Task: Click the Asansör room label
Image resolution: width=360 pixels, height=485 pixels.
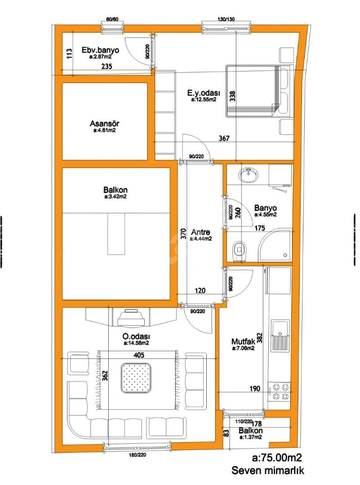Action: click(x=104, y=124)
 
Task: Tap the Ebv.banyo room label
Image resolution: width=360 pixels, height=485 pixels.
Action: click(x=100, y=50)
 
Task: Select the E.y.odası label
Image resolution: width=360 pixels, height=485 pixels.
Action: click(x=204, y=93)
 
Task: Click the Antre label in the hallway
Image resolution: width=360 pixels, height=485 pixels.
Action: click(x=200, y=232)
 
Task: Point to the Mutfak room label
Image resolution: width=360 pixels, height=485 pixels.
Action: click(x=243, y=341)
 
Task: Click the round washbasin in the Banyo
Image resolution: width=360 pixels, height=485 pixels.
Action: click(x=248, y=175)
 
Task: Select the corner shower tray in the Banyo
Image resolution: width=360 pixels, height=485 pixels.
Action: click(x=275, y=245)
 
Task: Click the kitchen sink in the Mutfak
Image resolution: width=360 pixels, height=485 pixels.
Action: click(x=280, y=336)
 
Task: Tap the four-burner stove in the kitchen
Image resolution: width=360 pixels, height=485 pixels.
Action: click(x=280, y=391)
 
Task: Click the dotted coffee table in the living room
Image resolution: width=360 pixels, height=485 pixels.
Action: click(x=136, y=378)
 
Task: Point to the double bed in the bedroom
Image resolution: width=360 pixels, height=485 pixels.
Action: click(x=259, y=91)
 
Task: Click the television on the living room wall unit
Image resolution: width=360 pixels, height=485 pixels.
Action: click(x=131, y=317)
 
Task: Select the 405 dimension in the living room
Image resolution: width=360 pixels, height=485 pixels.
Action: click(x=139, y=355)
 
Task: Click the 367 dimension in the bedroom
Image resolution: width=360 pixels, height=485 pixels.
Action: click(x=224, y=138)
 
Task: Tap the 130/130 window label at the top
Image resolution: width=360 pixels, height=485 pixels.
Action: click(x=226, y=19)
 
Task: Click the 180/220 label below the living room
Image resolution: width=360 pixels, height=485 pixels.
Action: click(x=138, y=455)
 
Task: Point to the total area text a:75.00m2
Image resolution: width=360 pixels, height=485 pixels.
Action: click(x=277, y=458)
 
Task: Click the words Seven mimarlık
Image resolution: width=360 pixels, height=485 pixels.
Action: click(x=268, y=471)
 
